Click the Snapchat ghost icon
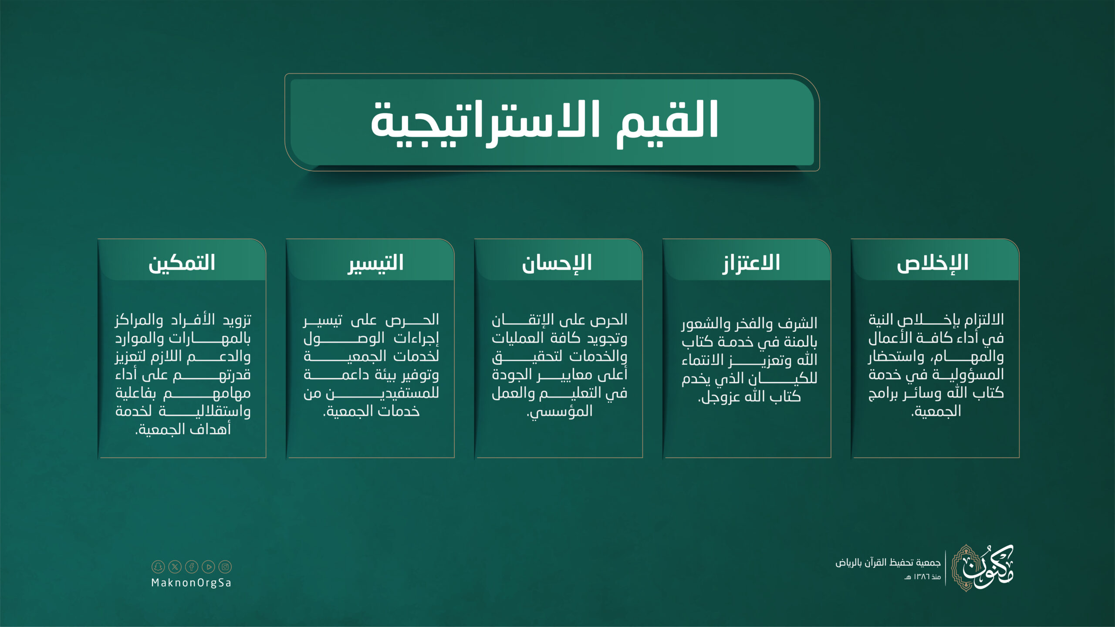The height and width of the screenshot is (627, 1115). click(158, 566)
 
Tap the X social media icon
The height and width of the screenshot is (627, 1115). click(175, 566)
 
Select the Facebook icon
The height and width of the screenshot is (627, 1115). click(192, 566)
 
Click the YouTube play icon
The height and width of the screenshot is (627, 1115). click(209, 566)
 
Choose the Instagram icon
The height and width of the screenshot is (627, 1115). click(225, 566)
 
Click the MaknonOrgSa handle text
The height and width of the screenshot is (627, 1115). click(191, 583)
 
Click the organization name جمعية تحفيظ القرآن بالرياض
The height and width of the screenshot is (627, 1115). click(888, 563)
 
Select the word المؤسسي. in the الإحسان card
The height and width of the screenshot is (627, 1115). click(560, 411)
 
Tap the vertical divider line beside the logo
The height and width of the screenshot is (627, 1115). click(946, 568)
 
